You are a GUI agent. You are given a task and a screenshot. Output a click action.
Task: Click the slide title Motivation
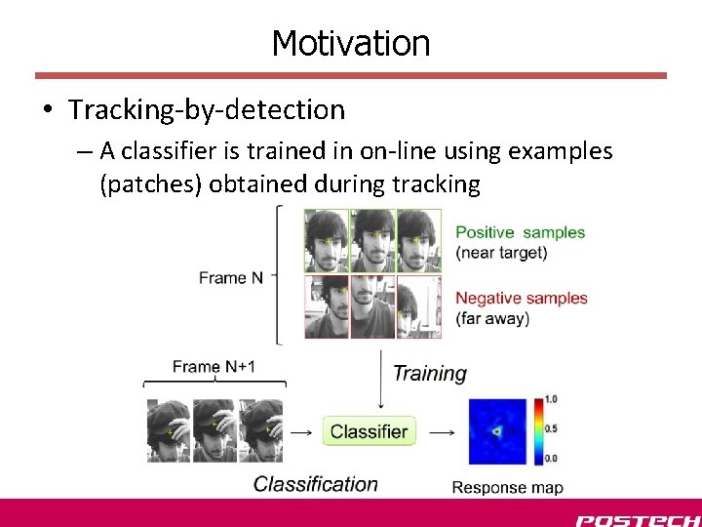point(350,43)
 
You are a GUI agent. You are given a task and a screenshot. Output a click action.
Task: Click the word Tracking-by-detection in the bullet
point(207,110)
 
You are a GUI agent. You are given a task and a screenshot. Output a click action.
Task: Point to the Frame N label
point(230,277)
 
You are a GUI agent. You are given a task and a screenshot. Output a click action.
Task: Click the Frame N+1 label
point(214,367)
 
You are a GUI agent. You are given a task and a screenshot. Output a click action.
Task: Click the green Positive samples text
point(520,232)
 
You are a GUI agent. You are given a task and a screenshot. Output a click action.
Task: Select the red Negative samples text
point(522,298)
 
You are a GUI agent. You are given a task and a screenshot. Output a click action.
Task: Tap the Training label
point(429,373)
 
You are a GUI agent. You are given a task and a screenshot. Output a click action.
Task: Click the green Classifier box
point(369,431)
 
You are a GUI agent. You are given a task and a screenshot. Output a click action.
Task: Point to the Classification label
point(315,484)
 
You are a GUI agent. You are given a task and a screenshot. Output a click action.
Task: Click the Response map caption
point(507,487)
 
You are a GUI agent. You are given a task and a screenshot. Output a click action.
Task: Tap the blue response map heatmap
point(497,430)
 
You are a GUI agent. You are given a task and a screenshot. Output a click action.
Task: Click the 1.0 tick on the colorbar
point(551,399)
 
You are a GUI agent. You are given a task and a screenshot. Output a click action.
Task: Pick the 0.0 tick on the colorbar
point(551,458)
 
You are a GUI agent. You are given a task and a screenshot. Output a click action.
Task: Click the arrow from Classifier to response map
point(442,431)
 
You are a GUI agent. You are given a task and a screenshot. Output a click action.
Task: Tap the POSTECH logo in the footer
point(637,520)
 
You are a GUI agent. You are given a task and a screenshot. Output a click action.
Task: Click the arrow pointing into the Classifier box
point(301,431)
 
